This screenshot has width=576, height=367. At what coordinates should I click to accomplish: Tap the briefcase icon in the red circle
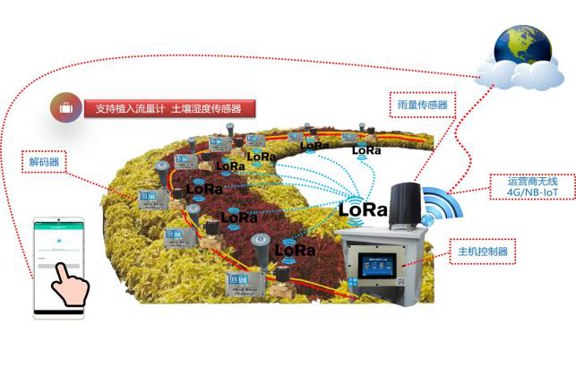click(65, 108)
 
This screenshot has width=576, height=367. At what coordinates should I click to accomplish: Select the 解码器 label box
click(44, 163)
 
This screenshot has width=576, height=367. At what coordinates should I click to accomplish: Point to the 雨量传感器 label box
click(422, 105)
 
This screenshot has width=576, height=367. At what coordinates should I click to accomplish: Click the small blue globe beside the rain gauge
click(428, 218)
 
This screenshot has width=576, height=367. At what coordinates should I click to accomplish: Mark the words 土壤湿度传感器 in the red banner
click(207, 108)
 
